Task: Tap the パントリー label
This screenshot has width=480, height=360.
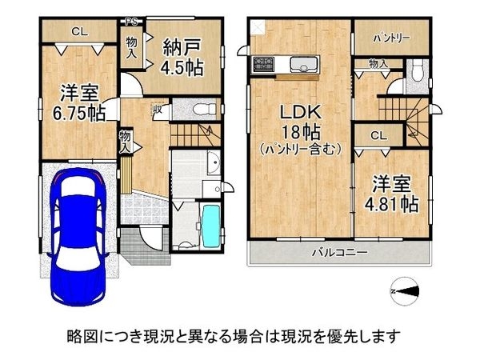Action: pos(391,38)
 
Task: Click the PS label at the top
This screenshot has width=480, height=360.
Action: pos(130,21)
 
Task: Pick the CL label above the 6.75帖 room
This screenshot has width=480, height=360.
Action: pos(78,33)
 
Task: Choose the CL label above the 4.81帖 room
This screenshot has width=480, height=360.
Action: pos(379,135)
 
